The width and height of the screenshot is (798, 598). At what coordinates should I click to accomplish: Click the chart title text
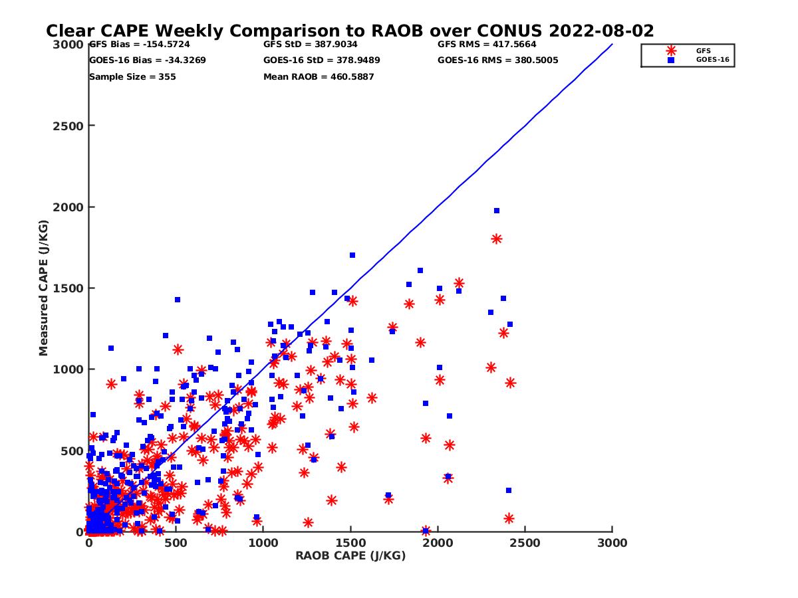click(x=350, y=31)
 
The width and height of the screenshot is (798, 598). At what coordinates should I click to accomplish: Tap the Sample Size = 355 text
click(x=132, y=77)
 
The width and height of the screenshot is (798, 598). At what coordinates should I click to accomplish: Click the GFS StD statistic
click(x=311, y=45)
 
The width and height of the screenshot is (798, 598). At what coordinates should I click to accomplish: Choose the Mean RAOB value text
click(x=319, y=77)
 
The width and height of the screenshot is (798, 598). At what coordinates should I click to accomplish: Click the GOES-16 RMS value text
click(x=498, y=60)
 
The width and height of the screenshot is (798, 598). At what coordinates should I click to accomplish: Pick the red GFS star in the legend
click(x=671, y=50)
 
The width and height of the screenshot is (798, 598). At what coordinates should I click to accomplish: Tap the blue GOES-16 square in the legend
click(x=671, y=60)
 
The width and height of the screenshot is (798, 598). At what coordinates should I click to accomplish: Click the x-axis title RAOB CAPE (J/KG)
click(x=350, y=556)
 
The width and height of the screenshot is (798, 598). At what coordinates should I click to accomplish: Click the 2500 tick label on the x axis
click(x=525, y=543)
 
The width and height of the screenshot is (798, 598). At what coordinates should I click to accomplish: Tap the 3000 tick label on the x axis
click(x=612, y=543)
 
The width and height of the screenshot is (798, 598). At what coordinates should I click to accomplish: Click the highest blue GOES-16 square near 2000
click(x=497, y=211)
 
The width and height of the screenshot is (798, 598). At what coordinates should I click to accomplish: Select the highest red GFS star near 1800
click(x=496, y=239)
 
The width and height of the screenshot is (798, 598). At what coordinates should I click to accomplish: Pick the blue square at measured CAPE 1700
click(x=352, y=255)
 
